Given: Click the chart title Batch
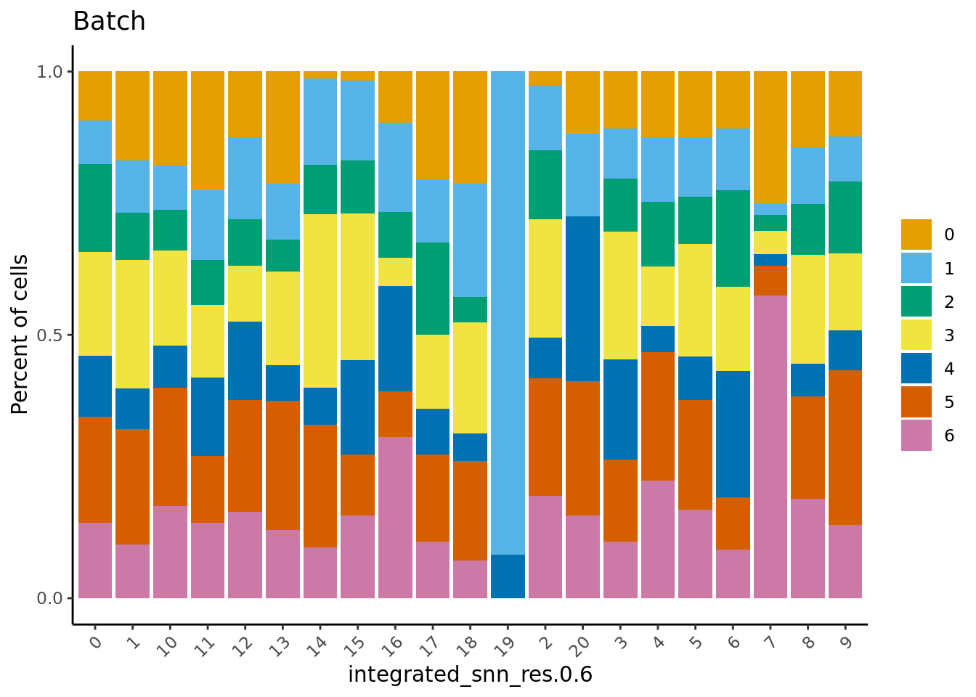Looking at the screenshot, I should pyautogui.click(x=109, y=22).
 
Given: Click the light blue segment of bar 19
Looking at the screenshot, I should pyautogui.click(x=508, y=312).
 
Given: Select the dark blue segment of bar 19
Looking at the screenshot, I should pyautogui.click(x=508, y=576).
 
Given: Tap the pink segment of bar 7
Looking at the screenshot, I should pyautogui.click(x=770, y=447).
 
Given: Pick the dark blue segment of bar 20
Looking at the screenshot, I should pyautogui.click(x=583, y=298).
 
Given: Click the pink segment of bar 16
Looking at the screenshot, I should pyautogui.click(x=395, y=518).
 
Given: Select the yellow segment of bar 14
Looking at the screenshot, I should pyautogui.click(x=320, y=301).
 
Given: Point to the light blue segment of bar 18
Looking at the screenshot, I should pyautogui.click(x=470, y=240).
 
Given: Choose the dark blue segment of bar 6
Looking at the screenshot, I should pyautogui.click(x=733, y=434).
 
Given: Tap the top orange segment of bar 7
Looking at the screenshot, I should pyautogui.click(x=770, y=137).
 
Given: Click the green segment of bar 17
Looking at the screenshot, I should pyautogui.click(x=433, y=288).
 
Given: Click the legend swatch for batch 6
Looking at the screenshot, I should pyautogui.click(x=916, y=436).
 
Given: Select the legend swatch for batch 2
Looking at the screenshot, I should pyautogui.click(x=916, y=302).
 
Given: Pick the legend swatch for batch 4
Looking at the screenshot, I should pyautogui.click(x=916, y=369).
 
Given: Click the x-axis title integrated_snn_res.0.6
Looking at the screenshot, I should pyautogui.click(x=470, y=675).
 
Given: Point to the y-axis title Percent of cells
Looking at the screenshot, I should pyautogui.click(x=20, y=334).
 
